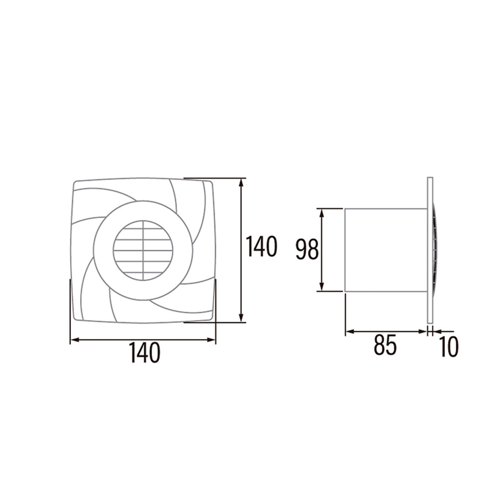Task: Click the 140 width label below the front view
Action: (x=145, y=353)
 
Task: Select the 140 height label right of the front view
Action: (x=261, y=247)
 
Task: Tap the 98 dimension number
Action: (x=307, y=249)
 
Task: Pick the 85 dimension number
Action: (x=385, y=345)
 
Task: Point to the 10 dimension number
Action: (x=449, y=347)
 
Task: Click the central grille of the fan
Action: (x=143, y=250)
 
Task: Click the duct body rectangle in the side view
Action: (x=386, y=250)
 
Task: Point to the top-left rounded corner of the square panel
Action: (x=76, y=184)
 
